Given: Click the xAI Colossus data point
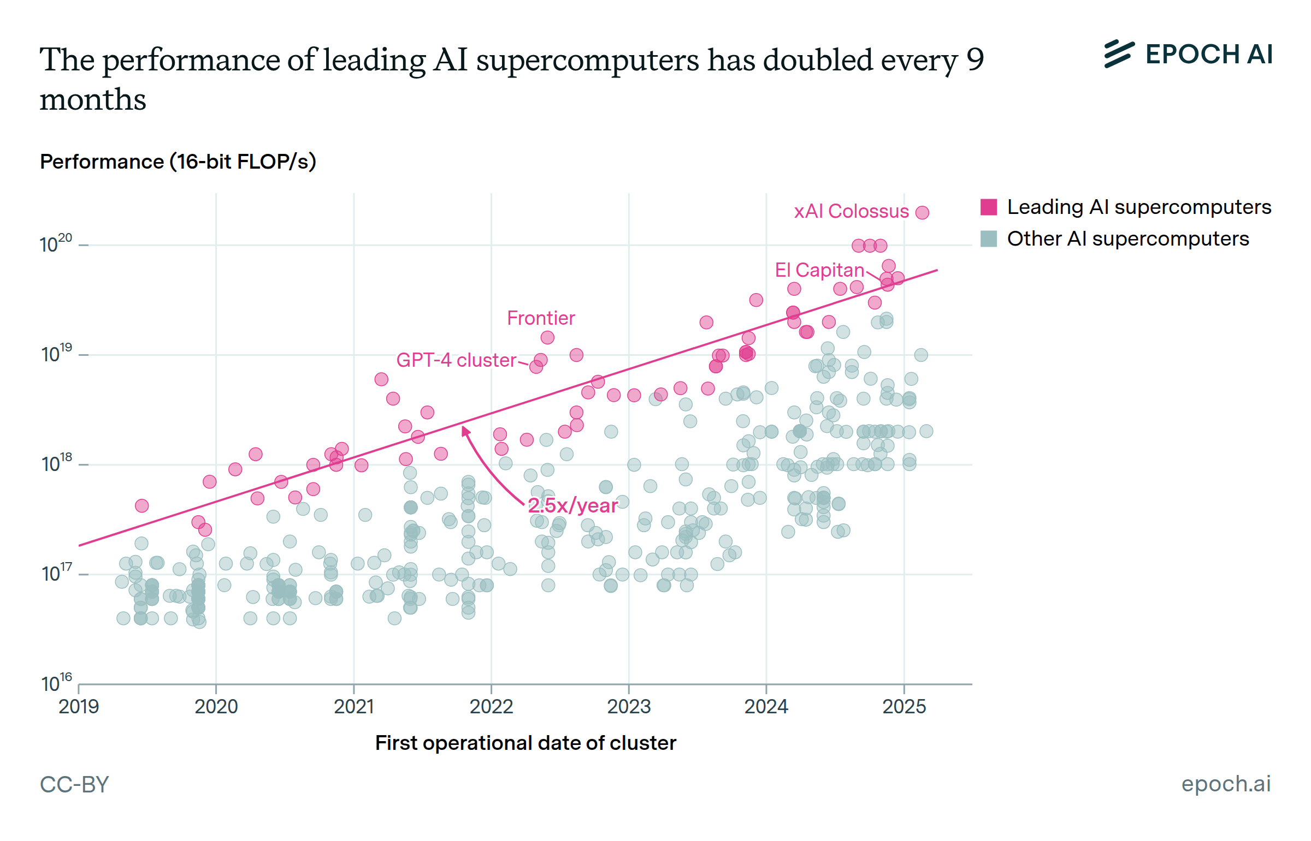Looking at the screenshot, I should (x=922, y=212).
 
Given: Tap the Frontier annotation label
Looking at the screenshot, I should (x=540, y=318).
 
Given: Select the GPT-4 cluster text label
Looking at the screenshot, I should (x=456, y=360).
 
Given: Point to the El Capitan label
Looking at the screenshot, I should (x=819, y=270).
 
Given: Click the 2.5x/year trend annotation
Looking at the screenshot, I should (x=572, y=505).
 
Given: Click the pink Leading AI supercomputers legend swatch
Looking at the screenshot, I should (x=988, y=207).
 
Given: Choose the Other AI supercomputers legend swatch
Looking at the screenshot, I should (x=988, y=238).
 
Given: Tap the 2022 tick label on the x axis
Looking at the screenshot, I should (x=491, y=707).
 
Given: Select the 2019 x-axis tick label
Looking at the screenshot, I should (x=79, y=707).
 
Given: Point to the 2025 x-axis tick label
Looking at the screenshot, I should (x=904, y=707).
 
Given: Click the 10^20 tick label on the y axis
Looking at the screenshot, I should (x=56, y=243).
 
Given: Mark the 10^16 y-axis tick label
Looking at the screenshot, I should (x=56, y=683).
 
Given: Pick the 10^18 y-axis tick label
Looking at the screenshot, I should (x=56, y=463).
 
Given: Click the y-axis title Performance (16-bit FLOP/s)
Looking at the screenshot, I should (x=178, y=162).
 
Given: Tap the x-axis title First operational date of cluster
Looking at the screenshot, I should (x=525, y=743).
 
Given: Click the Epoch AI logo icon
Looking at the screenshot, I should (x=1119, y=54).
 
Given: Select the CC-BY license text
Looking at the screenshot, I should (x=74, y=785).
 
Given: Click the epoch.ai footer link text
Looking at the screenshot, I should (x=1226, y=784).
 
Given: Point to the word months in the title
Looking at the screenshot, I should (x=93, y=100).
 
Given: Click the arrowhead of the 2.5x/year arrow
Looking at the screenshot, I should (x=465, y=432).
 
